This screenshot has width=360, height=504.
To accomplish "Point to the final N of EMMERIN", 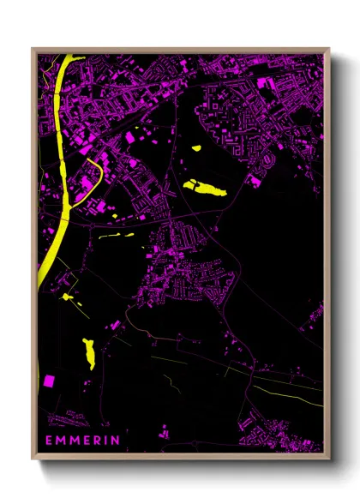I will tap(116, 441).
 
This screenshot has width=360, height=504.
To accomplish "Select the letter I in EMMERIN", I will tap(107, 441).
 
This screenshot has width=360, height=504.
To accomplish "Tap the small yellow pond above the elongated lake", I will tap(195, 148).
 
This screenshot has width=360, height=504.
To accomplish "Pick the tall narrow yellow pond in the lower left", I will tap(88, 352).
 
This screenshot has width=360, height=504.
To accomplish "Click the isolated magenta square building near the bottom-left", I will tap(49, 381).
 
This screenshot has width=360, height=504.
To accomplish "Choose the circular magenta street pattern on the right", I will tap(270, 161).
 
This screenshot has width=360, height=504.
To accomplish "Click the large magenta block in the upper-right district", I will tap(265, 84).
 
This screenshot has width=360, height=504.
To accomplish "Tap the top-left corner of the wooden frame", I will tap(33, 49).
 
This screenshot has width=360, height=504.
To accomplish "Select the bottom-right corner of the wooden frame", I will tap(329, 458).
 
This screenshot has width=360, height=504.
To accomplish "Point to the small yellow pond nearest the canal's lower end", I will tap(66, 297).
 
